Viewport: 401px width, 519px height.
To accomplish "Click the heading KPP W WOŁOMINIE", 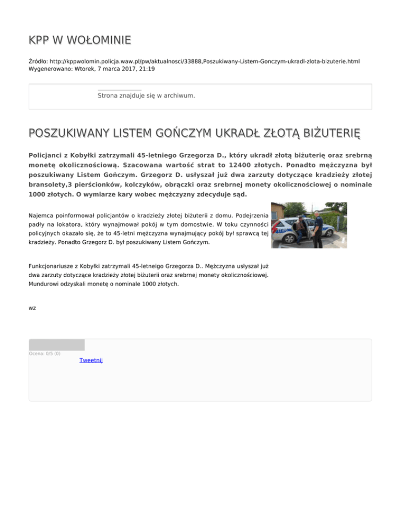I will point(80,40).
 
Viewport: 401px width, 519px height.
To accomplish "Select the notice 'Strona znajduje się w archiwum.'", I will point(146,96).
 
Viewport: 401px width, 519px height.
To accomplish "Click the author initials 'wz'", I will point(32,308).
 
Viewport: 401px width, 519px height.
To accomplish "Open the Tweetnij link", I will point(91,360).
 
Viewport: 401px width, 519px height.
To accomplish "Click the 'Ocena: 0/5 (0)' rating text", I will point(44,353).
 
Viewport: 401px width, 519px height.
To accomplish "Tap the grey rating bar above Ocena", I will point(56,345).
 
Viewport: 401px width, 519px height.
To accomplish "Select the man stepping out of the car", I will point(300,227).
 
